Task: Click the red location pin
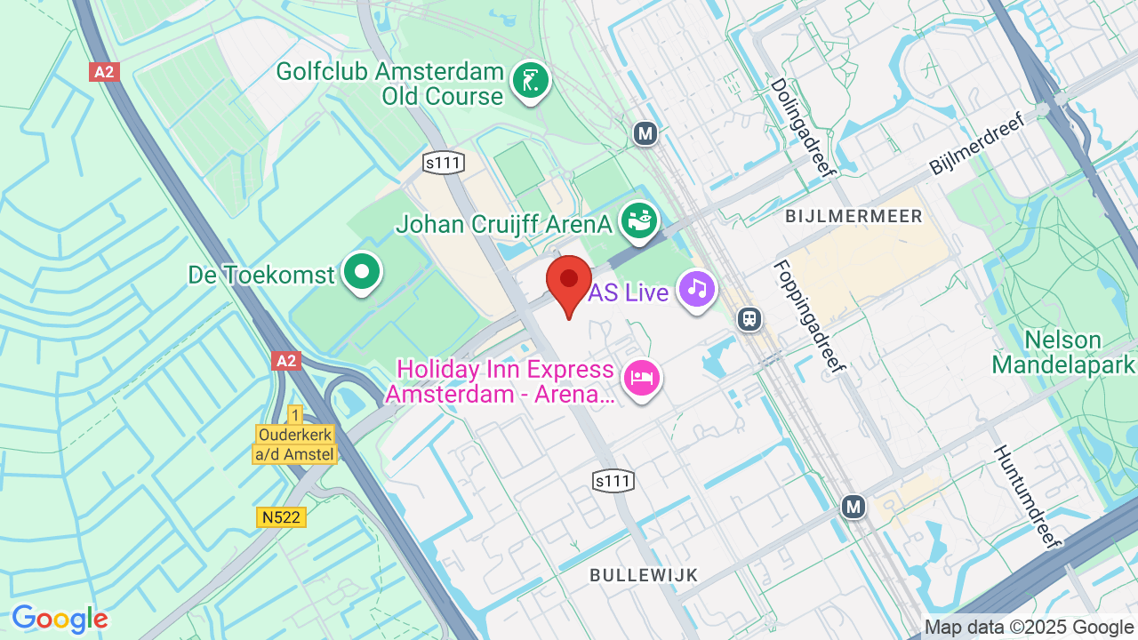[569, 281]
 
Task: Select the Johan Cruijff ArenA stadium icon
[638, 220]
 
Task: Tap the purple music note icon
[698, 289]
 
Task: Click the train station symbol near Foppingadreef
[749, 318]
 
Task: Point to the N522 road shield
[282, 516]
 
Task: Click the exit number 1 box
[295, 414]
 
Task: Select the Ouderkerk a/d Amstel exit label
[296, 444]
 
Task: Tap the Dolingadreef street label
[804, 128]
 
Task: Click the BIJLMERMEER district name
[853, 216]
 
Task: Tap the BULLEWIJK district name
[644, 575]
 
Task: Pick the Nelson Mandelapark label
[1063, 352]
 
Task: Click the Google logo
[60, 619]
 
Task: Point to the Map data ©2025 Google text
[1029, 628]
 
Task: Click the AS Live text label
[629, 292]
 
